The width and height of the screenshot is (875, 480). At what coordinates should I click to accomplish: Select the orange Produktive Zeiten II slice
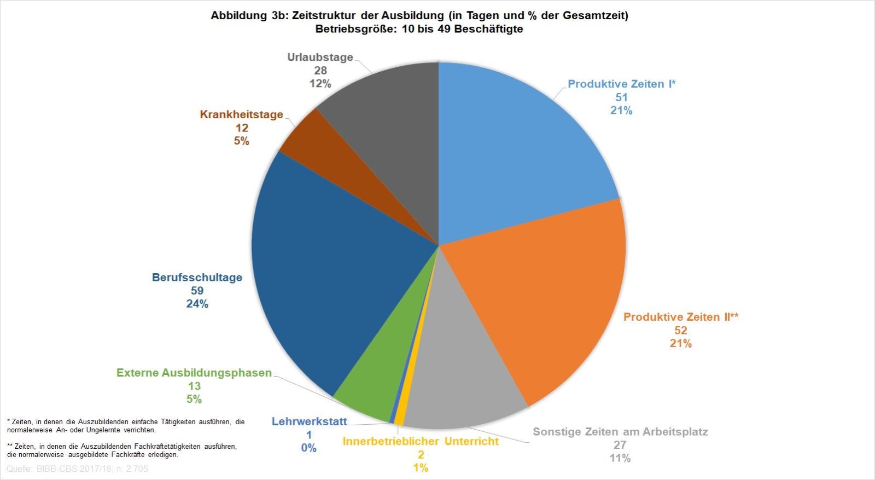[x=547, y=296]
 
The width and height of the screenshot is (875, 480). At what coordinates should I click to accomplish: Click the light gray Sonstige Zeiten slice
[x=459, y=383]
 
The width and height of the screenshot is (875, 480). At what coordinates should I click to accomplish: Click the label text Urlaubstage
[x=320, y=57]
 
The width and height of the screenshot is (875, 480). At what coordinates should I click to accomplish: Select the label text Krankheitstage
[x=241, y=114]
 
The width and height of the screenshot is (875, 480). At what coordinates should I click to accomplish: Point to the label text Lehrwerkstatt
[x=309, y=421]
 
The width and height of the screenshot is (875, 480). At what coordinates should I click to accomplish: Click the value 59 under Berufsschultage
[x=197, y=291]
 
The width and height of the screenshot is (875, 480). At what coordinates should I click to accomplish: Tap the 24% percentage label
[x=197, y=304]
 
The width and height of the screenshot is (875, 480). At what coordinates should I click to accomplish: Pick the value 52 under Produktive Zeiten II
[x=681, y=330]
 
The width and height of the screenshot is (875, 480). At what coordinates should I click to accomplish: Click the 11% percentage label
[x=620, y=458]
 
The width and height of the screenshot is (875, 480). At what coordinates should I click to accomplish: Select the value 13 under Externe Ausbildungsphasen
[x=194, y=386]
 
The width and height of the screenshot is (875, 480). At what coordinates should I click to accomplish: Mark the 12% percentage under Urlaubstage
[x=320, y=84]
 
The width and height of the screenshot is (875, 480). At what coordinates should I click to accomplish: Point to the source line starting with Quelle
[x=77, y=469]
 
